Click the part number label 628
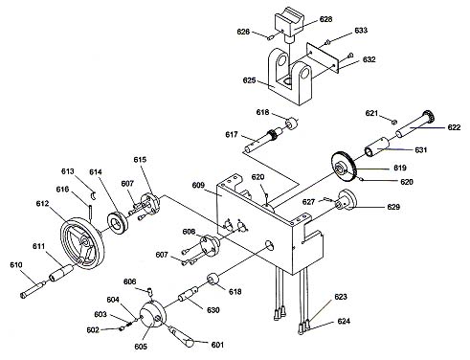(325, 19)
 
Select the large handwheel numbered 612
(82, 243)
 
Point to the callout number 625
(249, 80)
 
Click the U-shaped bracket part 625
(290, 77)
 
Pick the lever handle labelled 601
(181, 337)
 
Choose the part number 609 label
(198, 185)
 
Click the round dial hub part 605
(153, 315)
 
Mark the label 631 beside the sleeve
(421, 149)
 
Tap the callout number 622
(454, 127)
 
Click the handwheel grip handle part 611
(60, 273)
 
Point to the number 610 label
(16, 265)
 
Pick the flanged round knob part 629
(346, 200)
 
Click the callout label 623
(341, 297)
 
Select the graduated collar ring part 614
(118, 222)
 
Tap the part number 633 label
(361, 31)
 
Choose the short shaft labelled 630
(189, 294)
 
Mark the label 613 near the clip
(68, 171)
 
